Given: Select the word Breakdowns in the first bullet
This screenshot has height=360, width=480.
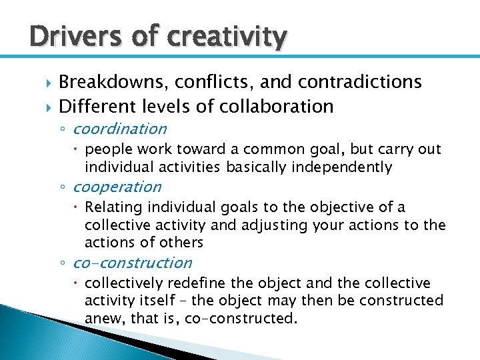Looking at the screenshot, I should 114,82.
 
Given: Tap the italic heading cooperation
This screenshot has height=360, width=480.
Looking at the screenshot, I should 117,187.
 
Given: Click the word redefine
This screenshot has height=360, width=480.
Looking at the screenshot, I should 189,283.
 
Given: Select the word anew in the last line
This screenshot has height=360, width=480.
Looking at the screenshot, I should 102,319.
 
